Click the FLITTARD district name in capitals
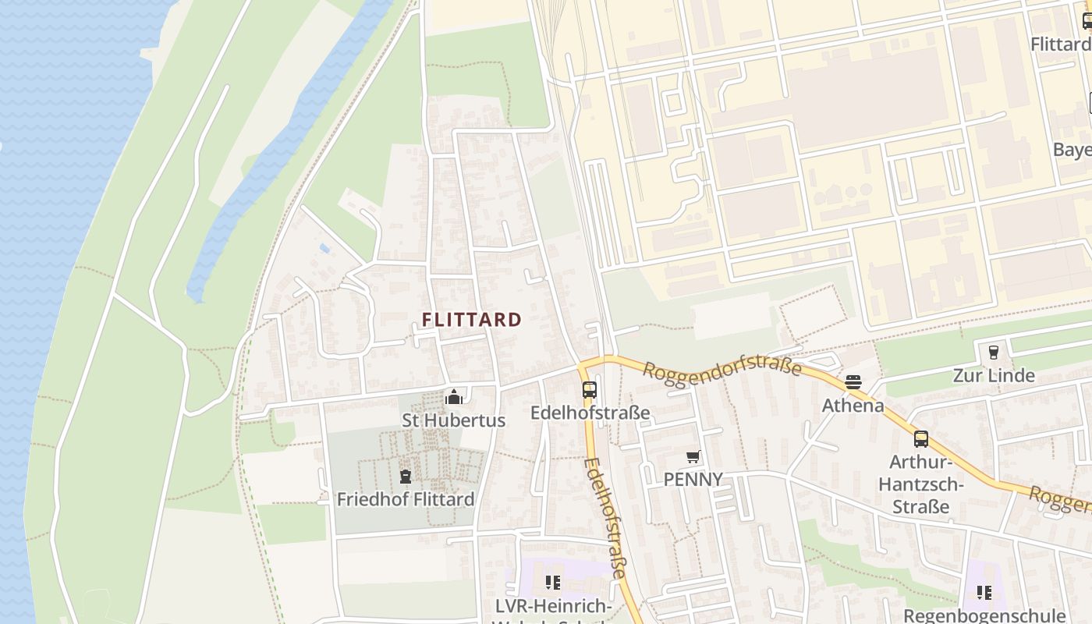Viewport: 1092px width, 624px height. (472, 320)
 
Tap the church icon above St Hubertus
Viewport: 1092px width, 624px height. (453, 398)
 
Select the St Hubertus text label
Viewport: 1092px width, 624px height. (453, 420)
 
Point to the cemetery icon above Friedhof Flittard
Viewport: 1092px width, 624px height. (405, 476)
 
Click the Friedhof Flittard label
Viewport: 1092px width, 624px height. (405, 499)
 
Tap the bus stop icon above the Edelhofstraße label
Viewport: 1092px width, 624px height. (589, 390)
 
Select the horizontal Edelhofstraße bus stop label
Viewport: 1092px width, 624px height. (590, 413)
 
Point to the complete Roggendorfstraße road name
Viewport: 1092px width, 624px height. (722, 364)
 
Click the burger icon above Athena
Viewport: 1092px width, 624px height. (853, 382)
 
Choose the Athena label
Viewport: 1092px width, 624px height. (853, 406)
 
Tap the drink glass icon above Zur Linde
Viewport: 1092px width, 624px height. (993, 353)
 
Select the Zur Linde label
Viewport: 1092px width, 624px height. (994, 376)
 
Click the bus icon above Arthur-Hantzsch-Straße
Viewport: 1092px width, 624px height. (921, 438)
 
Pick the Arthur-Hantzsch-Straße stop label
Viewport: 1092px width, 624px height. (921, 484)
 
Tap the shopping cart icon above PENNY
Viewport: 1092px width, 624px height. (693, 456)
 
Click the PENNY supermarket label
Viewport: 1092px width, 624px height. (693, 479)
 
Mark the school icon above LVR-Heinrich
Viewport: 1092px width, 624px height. (553, 582)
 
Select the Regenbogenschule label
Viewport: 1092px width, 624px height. (984, 615)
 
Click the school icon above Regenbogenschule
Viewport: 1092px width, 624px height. (984, 593)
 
